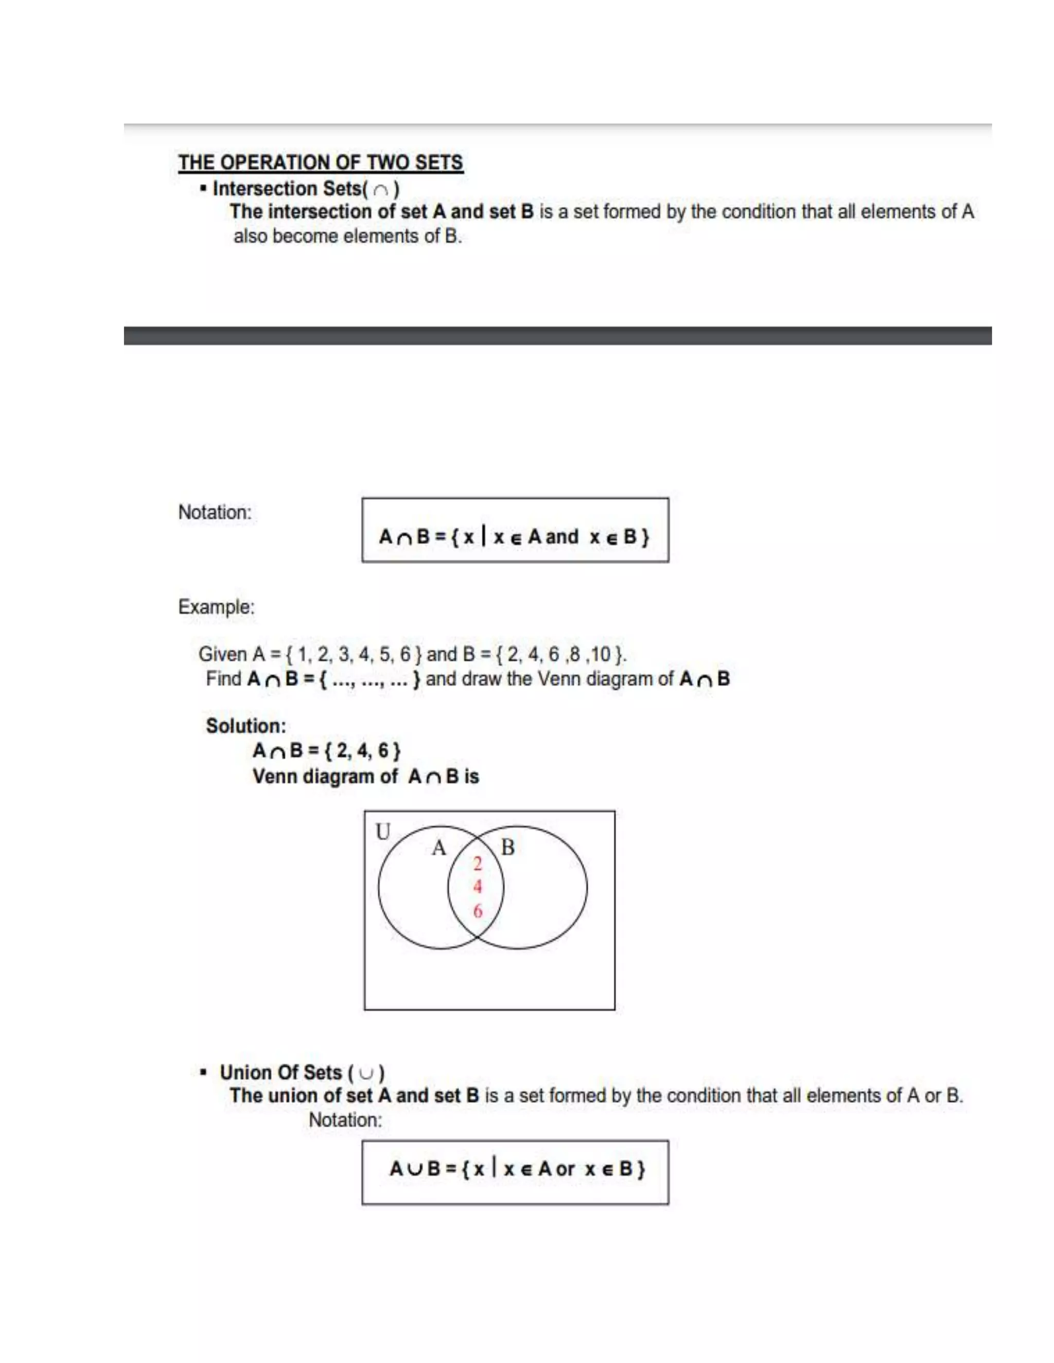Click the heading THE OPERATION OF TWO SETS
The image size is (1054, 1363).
pos(320,162)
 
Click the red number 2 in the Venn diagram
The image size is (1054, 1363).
pos(478,864)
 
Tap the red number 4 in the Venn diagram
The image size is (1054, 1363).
pos(478,887)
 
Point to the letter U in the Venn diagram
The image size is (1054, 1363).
pos(383,832)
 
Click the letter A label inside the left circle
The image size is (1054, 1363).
pos(439,848)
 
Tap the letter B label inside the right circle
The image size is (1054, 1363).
pos(507,848)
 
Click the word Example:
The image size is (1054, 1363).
pos(216,606)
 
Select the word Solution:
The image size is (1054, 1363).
pos(246,726)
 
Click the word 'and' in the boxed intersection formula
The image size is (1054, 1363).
pos(562,536)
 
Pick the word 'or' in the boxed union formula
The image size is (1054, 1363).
pos(565,1169)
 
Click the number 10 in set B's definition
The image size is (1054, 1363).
pos(600,654)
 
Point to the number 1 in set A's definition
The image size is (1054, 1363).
pos(302,654)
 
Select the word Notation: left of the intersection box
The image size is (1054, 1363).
pos(215,512)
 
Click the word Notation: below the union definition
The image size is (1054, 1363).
pos(345,1120)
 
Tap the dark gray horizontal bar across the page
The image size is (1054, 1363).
pos(557,336)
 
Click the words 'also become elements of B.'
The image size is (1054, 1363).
pos(348,237)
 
